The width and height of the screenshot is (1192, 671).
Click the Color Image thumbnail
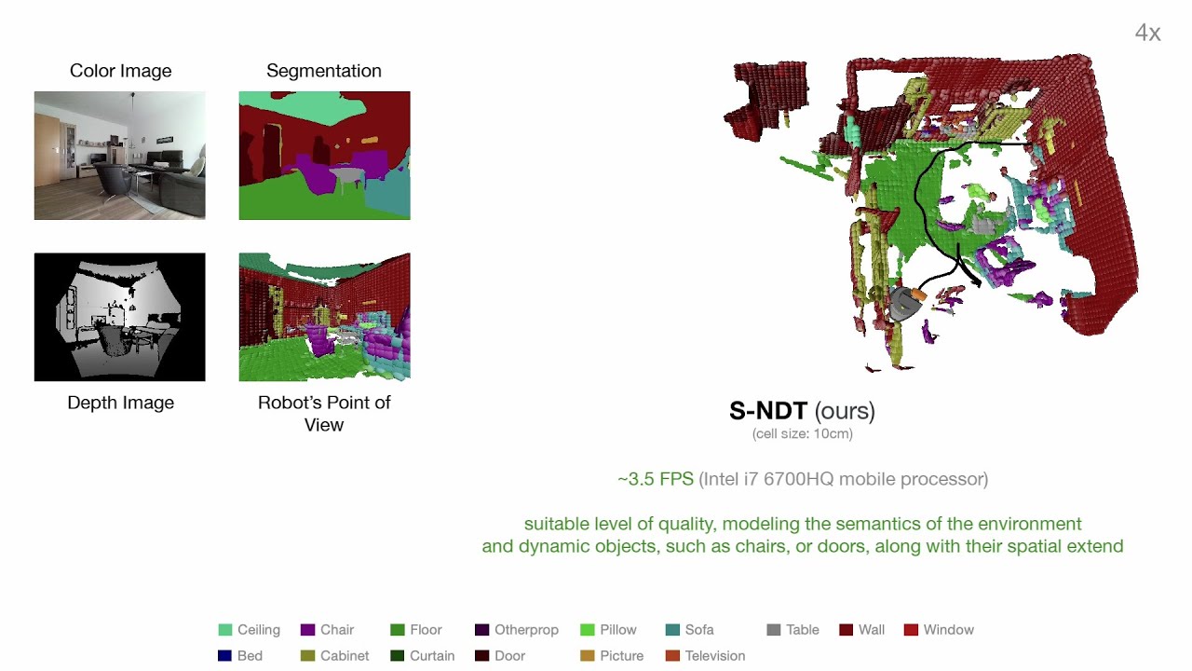(120, 156)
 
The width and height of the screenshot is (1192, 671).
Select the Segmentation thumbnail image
(325, 156)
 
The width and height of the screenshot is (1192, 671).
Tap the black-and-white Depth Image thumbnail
(120, 317)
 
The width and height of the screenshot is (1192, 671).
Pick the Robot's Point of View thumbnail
(325, 317)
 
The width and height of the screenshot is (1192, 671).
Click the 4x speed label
(1148, 33)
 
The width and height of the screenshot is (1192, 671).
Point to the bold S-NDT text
(768, 411)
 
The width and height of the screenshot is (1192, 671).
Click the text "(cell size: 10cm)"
(803, 434)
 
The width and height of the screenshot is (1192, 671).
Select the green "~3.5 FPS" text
(656, 479)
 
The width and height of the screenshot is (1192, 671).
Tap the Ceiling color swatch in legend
(225, 630)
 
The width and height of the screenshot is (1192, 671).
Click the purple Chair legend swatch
(307, 630)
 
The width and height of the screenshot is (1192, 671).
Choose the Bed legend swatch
(225, 655)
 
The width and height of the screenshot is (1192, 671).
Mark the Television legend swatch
(672, 655)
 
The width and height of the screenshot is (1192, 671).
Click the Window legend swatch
(911, 630)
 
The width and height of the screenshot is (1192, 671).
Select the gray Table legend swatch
(774, 630)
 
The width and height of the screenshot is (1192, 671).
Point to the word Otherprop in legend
(526, 630)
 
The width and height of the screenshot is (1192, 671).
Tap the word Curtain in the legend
(432, 655)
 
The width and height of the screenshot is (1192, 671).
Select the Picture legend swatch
(588, 655)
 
